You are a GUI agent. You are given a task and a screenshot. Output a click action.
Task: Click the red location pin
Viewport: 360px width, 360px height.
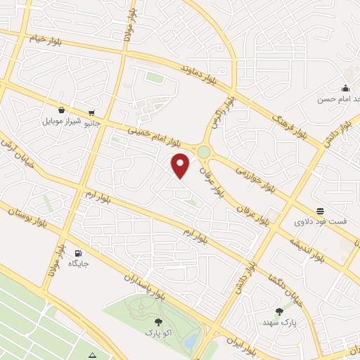181,165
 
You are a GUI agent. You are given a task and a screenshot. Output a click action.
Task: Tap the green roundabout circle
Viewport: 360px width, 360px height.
204,152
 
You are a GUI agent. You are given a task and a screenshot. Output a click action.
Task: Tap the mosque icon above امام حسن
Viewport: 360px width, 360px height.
345,88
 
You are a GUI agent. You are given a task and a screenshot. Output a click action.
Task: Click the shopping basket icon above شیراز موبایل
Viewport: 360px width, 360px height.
63,110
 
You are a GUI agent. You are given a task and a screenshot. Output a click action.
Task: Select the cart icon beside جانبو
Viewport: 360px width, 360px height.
92,112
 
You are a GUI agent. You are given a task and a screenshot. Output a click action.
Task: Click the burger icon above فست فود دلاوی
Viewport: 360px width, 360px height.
320,210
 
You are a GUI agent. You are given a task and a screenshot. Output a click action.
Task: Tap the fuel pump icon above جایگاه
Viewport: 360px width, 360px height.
77,253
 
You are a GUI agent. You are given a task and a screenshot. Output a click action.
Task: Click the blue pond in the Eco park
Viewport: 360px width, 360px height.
191,340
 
